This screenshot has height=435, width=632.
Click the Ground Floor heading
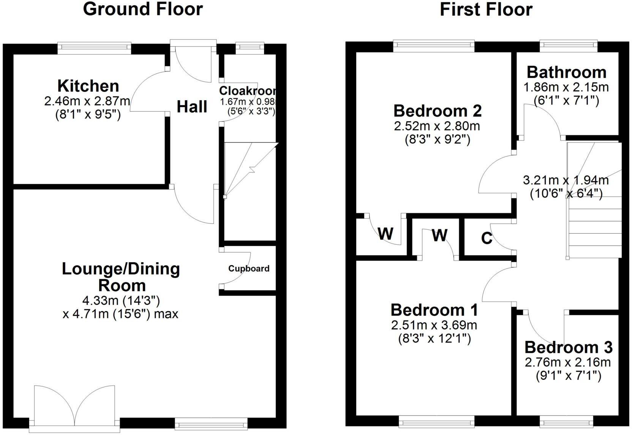pyautogui.click(x=143, y=9)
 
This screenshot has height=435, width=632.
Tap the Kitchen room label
pyautogui.click(x=88, y=86)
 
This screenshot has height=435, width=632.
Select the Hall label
pyautogui.click(x=192, y=107)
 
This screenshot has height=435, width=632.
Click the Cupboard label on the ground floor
pyautogui.click(x=249, y=269)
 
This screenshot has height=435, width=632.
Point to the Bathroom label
pyautogui.click(x=566, y=72)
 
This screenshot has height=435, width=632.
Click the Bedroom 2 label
pyautogui.click(x=438, y=111)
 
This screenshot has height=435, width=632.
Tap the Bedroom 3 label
pyautogui.click(x=568, y=347)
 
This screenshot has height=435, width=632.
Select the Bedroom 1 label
pyautogui.click(x=434, y=310)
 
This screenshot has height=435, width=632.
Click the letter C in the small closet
pyautogui.click(x=487, y=238)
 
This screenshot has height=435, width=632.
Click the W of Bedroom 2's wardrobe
pyautogui.click(x=386, y=234)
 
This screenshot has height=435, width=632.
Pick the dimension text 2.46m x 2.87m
pyautogui.click(x=87, y=101)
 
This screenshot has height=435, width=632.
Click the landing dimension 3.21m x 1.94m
pyautogui.click(x=566, y=180)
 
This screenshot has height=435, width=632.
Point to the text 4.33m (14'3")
pyautogui.click(x=121, y=301)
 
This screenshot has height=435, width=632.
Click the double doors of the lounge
pyautogui.click(x=74, y=407)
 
